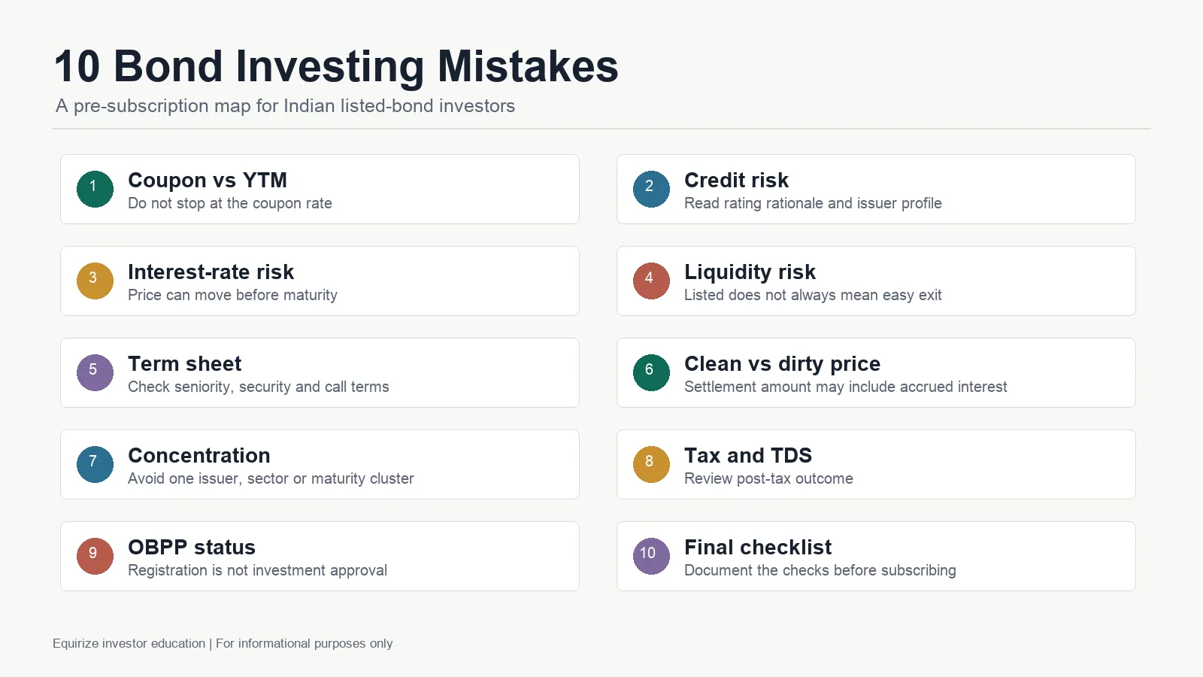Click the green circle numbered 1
tap(95, 189)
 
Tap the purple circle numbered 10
tap(651, 556)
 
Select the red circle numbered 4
tap(651, 281)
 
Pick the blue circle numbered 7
tap(95, 464)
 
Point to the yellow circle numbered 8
tap(651, 464)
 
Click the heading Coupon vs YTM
tap(208, 180)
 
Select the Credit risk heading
tap(736, 180)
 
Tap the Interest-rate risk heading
tap(211, 272)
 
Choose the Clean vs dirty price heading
tap(782, 364)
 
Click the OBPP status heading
tap(191, 547)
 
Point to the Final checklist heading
tap(758, 547)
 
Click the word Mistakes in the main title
tap(528, 66)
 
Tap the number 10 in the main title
tap(77, 66)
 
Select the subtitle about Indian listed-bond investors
tap(285, 106)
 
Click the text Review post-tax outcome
tap(768, 478)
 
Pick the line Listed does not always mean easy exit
tap(813, 295)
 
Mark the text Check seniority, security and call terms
tap(259, 387)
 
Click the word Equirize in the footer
tap(76, 644)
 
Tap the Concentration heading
tap(198, 455)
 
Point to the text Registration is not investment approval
tap(257, 570)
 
